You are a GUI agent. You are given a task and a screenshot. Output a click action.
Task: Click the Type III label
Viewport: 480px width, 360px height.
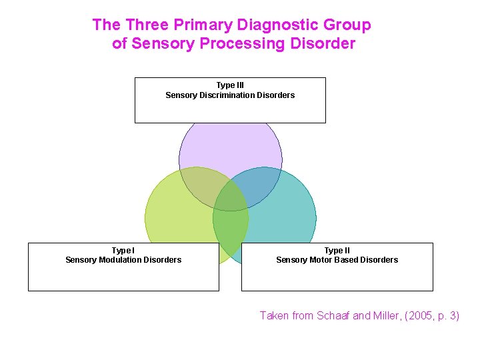point(230,85)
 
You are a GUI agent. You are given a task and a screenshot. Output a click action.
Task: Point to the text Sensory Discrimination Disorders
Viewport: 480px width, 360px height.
point(230,95)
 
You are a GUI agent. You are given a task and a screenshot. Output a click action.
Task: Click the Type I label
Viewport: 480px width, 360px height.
point(123,251)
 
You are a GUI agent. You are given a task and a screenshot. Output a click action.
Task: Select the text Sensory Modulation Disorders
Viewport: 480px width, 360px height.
point(123,260)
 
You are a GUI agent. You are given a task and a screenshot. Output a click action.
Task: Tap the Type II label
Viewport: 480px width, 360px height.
point(337,251)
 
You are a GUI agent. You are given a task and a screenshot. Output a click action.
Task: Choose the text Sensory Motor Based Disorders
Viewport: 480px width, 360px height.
point(337,260)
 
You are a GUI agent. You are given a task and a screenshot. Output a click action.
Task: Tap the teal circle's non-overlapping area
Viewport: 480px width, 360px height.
point(287,213)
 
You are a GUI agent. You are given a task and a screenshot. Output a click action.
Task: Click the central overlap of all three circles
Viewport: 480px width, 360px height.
point(231,196)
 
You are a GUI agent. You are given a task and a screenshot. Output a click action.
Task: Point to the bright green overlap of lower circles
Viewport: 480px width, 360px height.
point(231,227)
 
